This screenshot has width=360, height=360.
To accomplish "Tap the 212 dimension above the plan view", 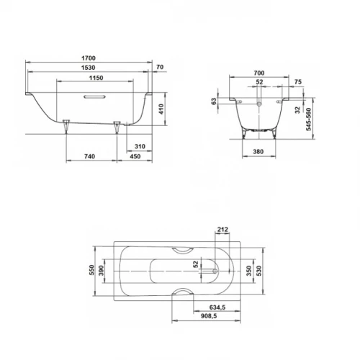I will pyautogui.click(x=221, y=230).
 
